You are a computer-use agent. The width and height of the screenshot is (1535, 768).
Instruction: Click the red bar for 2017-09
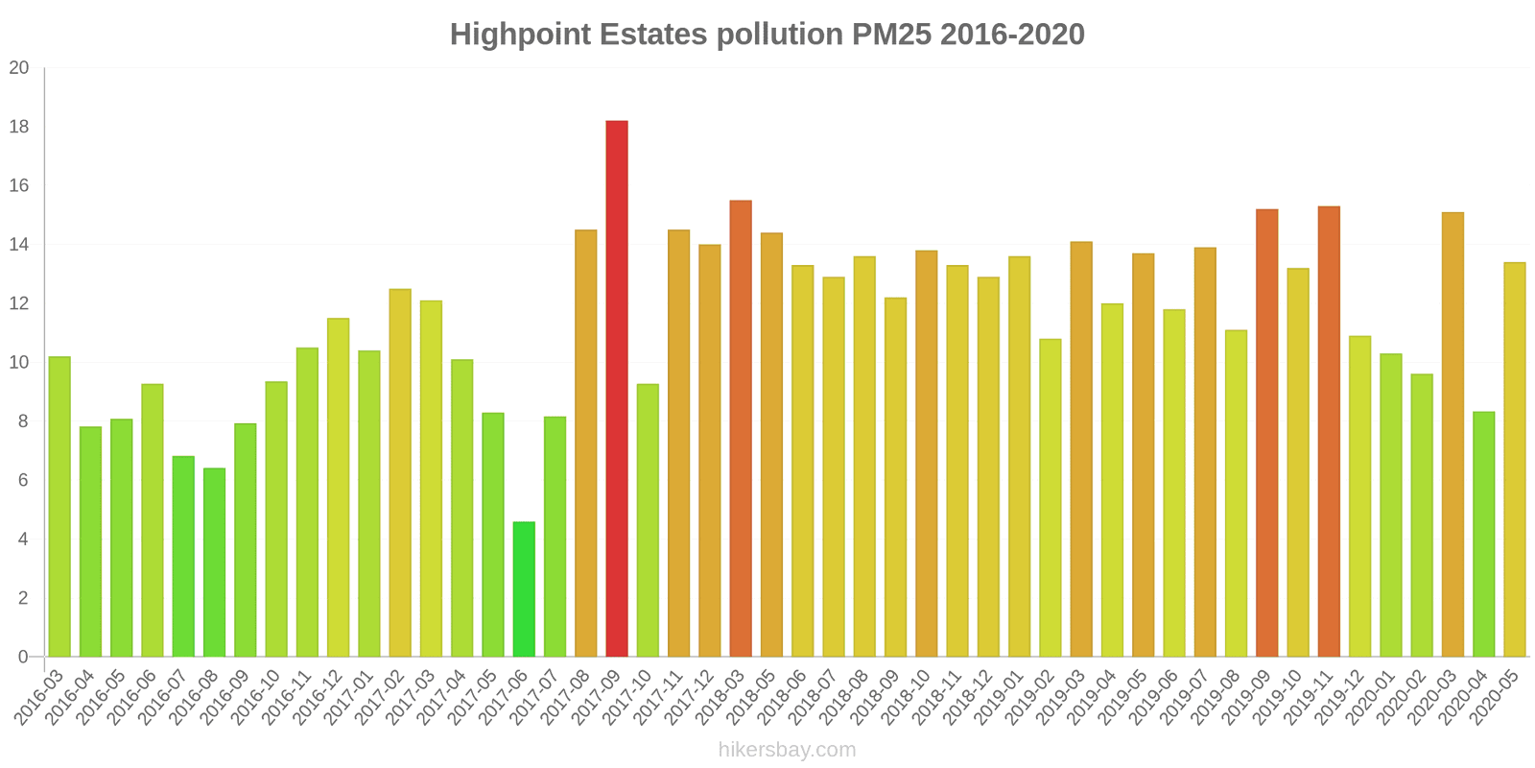[x=617, y=389]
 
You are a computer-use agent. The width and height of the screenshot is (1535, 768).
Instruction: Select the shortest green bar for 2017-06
[x=524, y=589]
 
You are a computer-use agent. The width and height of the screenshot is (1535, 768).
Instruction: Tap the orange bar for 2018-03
[x=741, y=428]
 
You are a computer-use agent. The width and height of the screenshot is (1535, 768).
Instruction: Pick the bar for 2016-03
[x=59, y=507]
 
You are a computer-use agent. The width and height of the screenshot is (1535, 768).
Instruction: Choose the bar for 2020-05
[x=1515, y=460]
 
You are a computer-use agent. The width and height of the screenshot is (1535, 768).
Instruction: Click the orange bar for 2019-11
[x=1329, y=431]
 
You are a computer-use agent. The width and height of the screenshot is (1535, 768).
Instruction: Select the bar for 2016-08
[x=214, y=563]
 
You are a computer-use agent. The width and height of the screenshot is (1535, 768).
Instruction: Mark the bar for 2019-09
[x=1266, y=433]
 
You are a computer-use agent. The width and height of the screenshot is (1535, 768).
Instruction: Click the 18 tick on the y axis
[x=19, y=127]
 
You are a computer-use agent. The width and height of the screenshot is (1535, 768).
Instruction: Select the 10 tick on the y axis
[x=19, y=363]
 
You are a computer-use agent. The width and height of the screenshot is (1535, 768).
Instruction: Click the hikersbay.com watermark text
[x=787, y=749]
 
